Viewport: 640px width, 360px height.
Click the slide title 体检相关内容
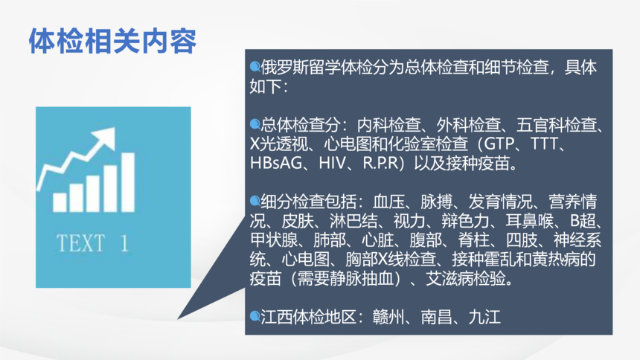click(x=112, y=41)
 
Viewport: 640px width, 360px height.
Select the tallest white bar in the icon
click(x=128, y=182)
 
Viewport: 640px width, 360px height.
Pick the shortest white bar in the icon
click(x=60, y=202)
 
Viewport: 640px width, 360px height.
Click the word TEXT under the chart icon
click(x=81, y=243)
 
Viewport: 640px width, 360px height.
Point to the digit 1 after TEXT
click(x=124, y=243)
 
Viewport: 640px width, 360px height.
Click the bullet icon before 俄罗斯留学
click(x=255, y=66)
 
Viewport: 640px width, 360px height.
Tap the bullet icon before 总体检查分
click(x=255, y=123)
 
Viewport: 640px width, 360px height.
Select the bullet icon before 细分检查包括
click(x=255, y=200)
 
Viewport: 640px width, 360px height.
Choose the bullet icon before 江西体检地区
click(x=255, y=316)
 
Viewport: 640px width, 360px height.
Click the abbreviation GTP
click(x=495, y=144)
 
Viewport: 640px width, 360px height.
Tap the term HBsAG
click(x=276, y=164)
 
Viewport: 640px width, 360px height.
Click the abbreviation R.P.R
click(x=380, y=164)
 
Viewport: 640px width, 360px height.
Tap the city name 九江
click(x=484, y=317)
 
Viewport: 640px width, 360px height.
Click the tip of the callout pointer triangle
click(x=178, y=319)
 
